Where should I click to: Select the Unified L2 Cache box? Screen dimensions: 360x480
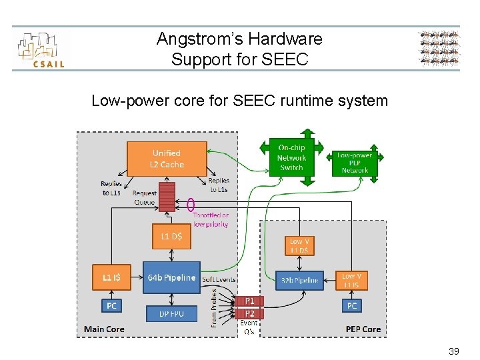tap(167, 159)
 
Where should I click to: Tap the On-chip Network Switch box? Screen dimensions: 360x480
tap(291, 157)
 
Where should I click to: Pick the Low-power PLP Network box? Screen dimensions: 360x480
tap(355, 163)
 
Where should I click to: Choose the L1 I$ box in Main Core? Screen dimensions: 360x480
tap(111, 277)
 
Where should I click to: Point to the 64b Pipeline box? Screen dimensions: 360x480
tap(171, 277)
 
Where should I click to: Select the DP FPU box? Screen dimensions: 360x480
tap(171, 313)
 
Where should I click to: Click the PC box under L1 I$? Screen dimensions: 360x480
tap(111, 306)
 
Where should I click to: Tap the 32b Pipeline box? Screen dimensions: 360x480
tap(299, 281)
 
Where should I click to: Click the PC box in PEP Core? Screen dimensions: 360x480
tap(351, 305)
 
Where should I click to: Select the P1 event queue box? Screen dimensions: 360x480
tap(249, 301)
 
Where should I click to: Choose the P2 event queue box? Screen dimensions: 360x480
tap(249, 313)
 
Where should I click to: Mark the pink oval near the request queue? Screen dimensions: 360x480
tap(191, 204)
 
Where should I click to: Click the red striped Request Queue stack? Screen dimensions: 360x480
tap(167, 196)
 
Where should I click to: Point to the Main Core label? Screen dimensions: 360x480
tap(104, 329)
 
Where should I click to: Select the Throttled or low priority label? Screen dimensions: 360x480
tap(211, 220)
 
